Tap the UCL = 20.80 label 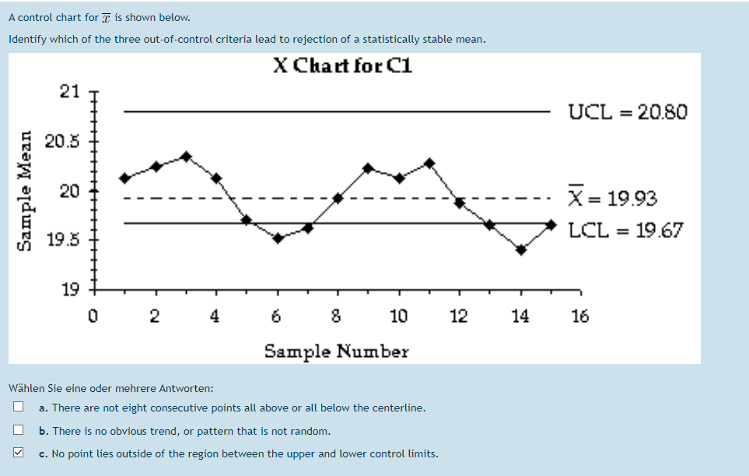click(628, 112)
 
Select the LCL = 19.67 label click(626, 230)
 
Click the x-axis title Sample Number click(336, 351)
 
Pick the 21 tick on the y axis click(69, 92)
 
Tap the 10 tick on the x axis click(399, 316)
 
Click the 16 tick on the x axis click(580, 316)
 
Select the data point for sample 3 click(186, 156)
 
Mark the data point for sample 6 click(278, 238)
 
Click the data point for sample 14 click(521, 250)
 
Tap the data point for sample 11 click(429, 163)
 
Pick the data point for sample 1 click(124, 178)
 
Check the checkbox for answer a click(17, 407)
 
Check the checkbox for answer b click(17, 430)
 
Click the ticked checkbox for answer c click(17, 453)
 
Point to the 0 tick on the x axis click(93, 316)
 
